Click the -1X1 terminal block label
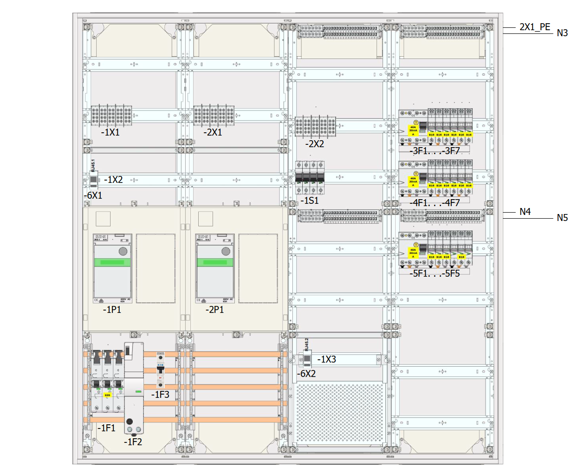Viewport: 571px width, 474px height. click(x=110, y=132)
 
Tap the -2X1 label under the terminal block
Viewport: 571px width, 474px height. click(x=213, y=132)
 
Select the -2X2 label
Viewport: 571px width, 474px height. click(x=314, y=144)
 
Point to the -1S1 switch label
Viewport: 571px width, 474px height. click(x=309, y=201)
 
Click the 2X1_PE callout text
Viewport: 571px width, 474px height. click(x=535, y=27)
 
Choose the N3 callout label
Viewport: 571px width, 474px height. click(x=562, y=33)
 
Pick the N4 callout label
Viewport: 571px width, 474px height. click(x=525, y=212)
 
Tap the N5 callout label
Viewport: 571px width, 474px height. click(x=562, y=218)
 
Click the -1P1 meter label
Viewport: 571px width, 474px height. click(x=112, y=310)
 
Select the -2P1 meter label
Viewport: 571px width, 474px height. click(x=214, y=310)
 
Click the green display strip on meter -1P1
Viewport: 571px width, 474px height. click(x=112, y=262)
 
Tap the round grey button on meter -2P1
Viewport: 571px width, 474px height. click(x=226, y=251)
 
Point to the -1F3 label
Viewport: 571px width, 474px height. click(x=160, y=395)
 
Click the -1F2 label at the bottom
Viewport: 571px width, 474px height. click(x=133, y=442)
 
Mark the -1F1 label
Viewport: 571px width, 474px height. click(x=106, y=428)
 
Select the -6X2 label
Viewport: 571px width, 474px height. click(x=306, y=374)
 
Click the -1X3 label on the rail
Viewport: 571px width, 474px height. click(x=326, y=359)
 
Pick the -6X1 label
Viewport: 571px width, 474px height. click(x=93, y=195)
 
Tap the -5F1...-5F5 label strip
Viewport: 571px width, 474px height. click(x=434, y=273)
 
